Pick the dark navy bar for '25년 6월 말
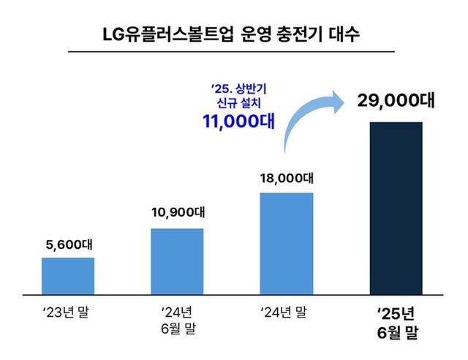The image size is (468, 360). [396, 208]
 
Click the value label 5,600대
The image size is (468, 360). [67, 243]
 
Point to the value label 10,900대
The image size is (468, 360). [177, 212]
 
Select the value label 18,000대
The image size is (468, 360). [287, 178]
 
